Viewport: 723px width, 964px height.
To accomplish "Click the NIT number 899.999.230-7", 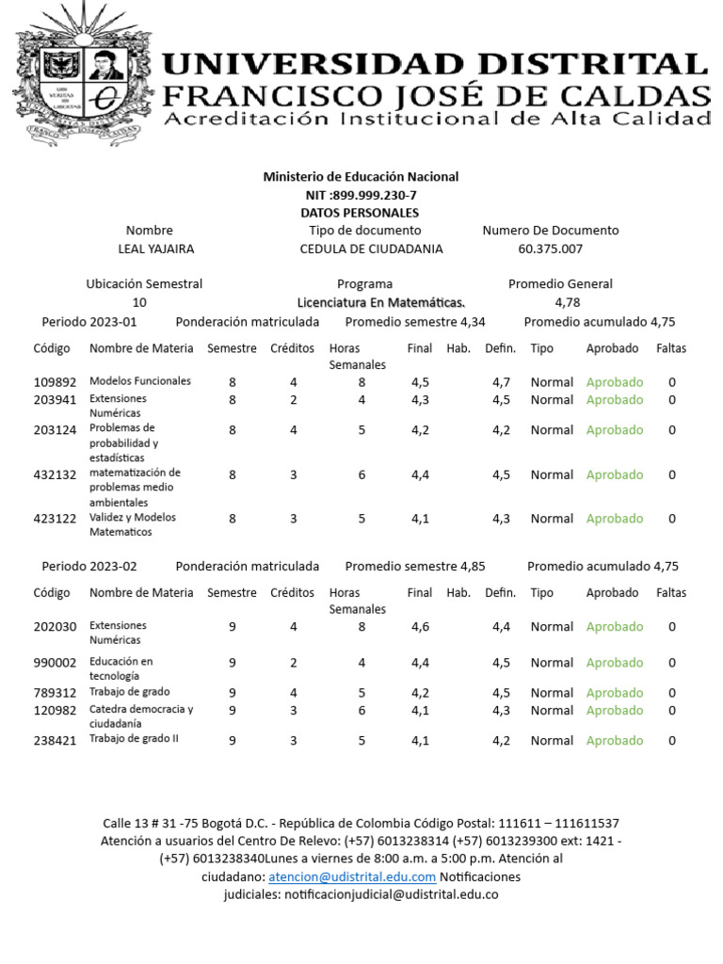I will (361, 195).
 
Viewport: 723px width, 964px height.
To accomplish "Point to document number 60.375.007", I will (551, 249).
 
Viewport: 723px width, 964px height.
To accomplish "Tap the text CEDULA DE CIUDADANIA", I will (371, 249).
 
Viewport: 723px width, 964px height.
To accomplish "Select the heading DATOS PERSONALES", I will (360, 213).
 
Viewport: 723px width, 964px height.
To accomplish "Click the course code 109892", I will (55, 382).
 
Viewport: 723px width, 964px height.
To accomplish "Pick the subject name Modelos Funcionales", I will (140, 381).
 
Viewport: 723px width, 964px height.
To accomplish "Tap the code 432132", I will (55, 474).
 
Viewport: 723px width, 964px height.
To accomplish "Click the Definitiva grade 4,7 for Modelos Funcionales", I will (501, 382).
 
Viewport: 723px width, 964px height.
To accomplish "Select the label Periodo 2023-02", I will (89, 566).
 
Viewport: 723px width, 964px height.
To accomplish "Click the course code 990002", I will (55, 663).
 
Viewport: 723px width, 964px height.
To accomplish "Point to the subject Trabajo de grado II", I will (134, 738).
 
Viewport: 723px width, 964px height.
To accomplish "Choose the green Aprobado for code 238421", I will (615, 741).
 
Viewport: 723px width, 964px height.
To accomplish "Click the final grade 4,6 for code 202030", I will (420, 627).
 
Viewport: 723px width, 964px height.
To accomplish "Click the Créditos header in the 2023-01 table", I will (293, 348).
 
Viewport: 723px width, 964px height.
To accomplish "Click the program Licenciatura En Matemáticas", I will (381, 302).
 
